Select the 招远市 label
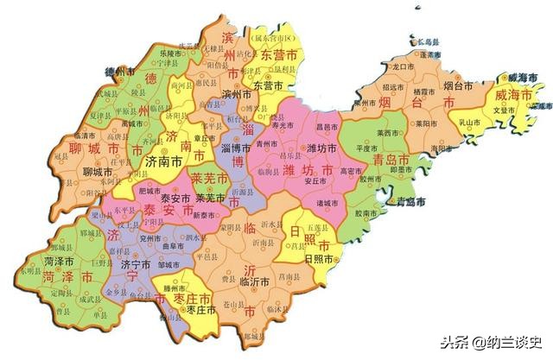pyautogui.click(x=393, y=88)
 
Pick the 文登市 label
pyautogui.click(x=504, y=110)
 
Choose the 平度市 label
pyautogui.click(x=356, y=148)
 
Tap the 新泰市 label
pyautogui.click(x=206, y=214)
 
